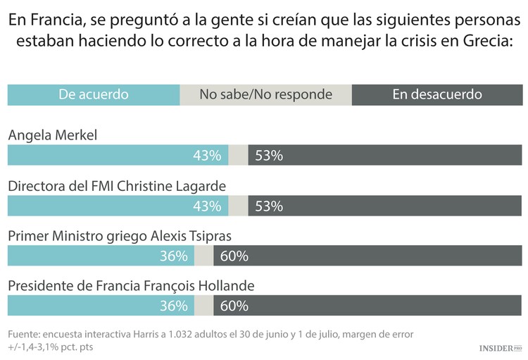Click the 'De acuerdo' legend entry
coord(94,94)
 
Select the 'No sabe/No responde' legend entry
coord(265,94)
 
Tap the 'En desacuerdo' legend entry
coord(436,94)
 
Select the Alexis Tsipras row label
coord(119,236)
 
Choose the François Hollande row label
coord(130,286)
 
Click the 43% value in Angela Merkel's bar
coord(207,156)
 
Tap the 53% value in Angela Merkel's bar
coord(269,156)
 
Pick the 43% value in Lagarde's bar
coord(207,206)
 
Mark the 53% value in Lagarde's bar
coord(269,206)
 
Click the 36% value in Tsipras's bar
coord(173,256)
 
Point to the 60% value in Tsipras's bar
coord(234,256)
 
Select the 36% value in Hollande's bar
coord(173,306)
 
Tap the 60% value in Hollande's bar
coord(234,306)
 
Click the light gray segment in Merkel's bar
coord(239,156)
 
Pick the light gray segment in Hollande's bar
coord(203,306)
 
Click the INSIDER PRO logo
coord(501,348)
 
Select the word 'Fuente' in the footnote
coord(23,333)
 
